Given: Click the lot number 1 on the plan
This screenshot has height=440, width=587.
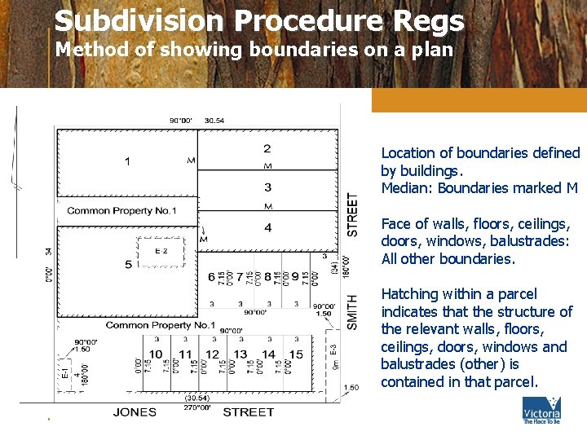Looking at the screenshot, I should pos(127,161).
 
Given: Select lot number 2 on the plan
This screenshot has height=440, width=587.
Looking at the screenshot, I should pos(267,148).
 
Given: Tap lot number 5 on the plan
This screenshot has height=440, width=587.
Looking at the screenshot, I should pos(128,264).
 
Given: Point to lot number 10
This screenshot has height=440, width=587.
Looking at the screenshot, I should pos(156,354).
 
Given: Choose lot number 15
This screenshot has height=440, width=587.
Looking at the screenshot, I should pos(296,354).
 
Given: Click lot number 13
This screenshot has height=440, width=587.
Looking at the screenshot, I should pos(241,354).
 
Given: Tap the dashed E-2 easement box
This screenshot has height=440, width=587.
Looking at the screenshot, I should pos(161,251).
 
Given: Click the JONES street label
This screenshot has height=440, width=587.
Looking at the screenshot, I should pos(135,411).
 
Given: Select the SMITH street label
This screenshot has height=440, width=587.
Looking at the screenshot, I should pos(352,311).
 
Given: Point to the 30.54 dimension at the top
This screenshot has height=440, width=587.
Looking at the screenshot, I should pos(214,121).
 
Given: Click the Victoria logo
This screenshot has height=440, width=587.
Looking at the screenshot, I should pos(541,411).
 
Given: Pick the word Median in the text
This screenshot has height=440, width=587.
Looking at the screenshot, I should pos(407,188).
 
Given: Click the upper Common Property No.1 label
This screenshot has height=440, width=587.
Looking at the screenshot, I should pos(121,211).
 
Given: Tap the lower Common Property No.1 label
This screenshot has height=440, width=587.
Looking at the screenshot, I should pos(160,325).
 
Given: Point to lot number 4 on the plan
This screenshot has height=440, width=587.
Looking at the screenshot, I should pos(267,228).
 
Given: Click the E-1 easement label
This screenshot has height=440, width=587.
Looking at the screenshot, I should pos(65,374).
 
